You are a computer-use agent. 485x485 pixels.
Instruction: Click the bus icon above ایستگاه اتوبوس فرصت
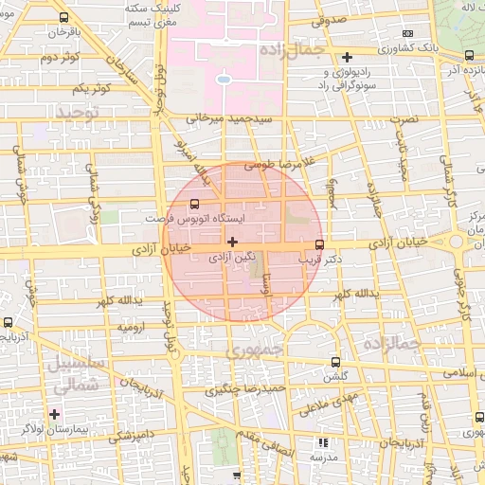pyautogui.click(x=195, y=203)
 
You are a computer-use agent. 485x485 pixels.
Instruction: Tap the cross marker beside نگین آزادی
pyautogui.click(x=233, y=242)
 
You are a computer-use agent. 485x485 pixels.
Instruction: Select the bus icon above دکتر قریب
pyautogui.click(x=317, y=243)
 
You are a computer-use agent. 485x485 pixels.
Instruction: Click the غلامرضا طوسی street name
pyautogui.click(x=276, y=165)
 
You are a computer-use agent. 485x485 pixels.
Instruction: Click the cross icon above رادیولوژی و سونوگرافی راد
pyautogui.click(x=347, y=58)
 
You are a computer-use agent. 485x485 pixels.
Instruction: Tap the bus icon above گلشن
pyautogui.click(x=336, y=361)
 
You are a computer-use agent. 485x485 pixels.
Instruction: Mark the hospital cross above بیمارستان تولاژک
pyautogui.click(x=55, y=415)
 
